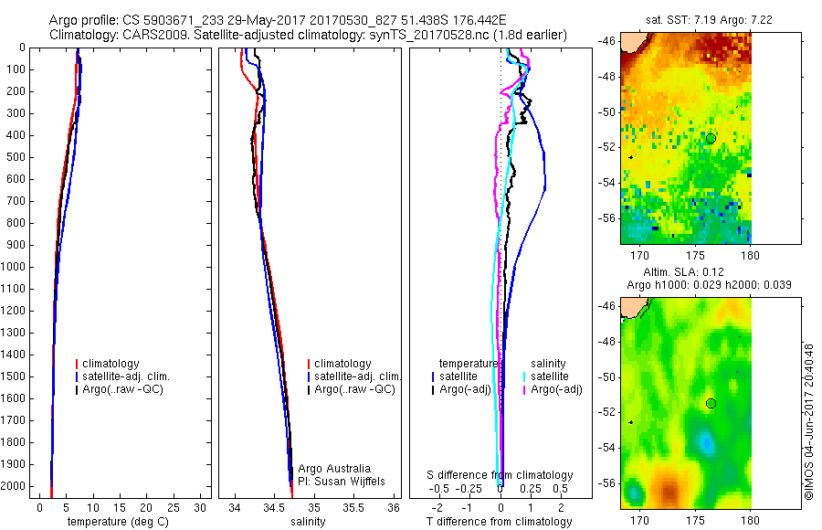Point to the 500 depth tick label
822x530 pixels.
[17, 157]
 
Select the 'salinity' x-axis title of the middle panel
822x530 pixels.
[307, 522]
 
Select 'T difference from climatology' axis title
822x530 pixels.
[499, 522]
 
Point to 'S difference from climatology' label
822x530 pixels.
[501, 475]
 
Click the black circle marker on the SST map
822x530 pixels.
[711, 138]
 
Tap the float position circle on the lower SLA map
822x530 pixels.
[711, 403]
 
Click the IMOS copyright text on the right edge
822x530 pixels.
[808, 421]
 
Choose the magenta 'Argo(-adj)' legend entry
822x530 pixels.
[558, 389]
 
